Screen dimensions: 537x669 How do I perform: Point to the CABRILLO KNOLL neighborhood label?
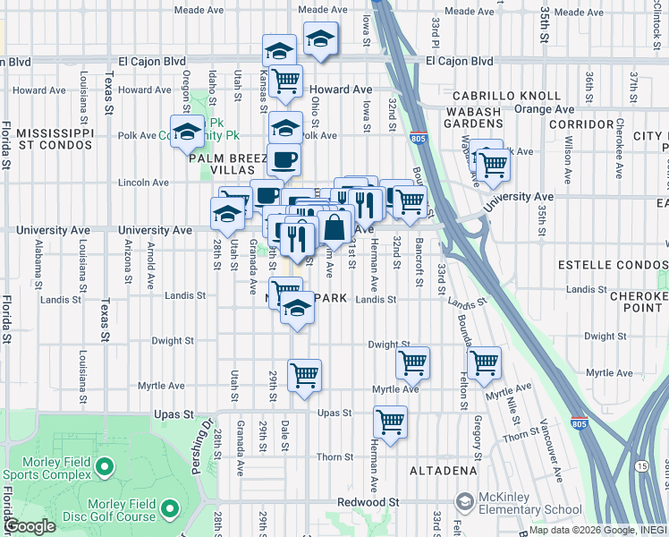click(x=506, y=96)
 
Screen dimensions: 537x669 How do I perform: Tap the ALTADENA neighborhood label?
click(x=443, y=470)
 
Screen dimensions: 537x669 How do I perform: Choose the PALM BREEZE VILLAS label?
click(x=227, y=165)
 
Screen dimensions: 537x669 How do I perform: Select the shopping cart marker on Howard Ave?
click(x=285, y=81)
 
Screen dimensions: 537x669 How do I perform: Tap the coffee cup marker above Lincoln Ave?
click(x=284, y=160)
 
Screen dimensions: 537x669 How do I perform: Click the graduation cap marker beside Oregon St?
click(x=188, y=132)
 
